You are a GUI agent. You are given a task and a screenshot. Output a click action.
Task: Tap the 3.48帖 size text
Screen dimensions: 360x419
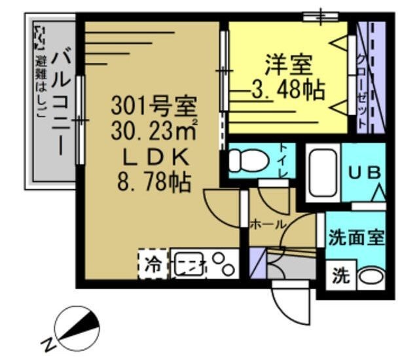289,89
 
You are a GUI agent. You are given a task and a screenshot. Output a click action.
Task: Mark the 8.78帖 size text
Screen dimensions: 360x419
155,181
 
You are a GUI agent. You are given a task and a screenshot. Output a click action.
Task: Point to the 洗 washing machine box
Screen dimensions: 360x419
339,276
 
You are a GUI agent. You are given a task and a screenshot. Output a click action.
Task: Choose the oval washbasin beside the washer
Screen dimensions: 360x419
371,276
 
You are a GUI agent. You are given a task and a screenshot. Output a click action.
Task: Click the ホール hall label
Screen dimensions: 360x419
268,225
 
